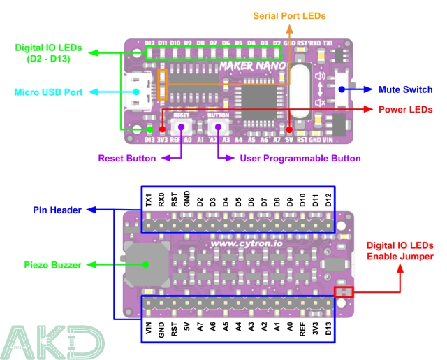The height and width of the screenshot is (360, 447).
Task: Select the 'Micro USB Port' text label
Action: click(x=48, y=92)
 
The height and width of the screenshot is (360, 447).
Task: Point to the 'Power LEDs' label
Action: click(x=406, y=110)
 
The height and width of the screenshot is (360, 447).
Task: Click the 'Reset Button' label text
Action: click(x=126, y=159)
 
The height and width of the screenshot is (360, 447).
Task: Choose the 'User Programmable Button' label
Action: click(x=300, y=159)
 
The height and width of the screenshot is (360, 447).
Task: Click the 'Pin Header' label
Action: click(x=57, y=209)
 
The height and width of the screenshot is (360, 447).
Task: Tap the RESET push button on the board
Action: click(x=182, y=127)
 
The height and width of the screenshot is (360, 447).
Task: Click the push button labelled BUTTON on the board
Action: click(x=219, y=127)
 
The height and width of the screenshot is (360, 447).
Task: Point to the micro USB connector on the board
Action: click(x=139, y=92)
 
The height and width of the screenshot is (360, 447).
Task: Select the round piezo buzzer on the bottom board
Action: click(x=146, y=264)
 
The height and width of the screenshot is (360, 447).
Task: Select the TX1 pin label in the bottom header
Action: click(x=149, y=199)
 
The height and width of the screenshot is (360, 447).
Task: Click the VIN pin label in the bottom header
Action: click(x=149, y=328)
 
